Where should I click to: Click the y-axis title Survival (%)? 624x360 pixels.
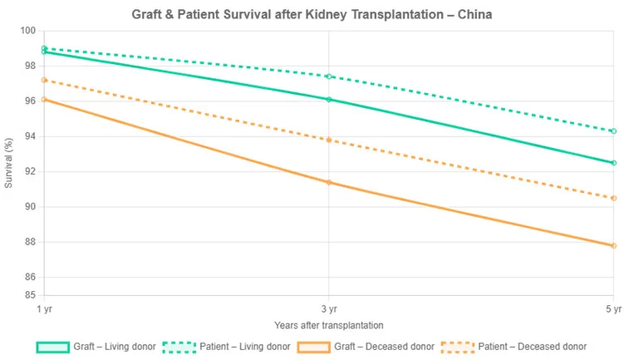pyautogui.click(x=9, y=162)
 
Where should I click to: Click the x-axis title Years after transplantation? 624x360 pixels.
pyautogui.click(x=328, y=324)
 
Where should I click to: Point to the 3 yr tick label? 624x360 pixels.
pyautogui.click(x=328, y=308)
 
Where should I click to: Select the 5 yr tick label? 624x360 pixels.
pyautogui.click(x=613, y=308)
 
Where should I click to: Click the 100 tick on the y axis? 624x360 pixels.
pyautogui.click(x=28, y=31)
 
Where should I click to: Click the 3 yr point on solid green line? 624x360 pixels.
pyautogui.click(x=329, y=100)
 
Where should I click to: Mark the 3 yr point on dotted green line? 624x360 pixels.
pyautogui.click(x=329, y=76)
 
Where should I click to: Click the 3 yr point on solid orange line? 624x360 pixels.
pyautogui.click(x=329, y=182)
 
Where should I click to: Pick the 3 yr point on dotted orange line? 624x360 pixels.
pyautogui.click(x=329, y=140)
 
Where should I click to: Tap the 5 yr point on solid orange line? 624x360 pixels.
pyautogui.click(x=613, y=246)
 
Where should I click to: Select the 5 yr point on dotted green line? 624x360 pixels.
pyautogui.click(x=613, y=131)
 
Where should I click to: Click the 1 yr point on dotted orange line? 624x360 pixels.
pyautogui.click(x=44, y=80)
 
